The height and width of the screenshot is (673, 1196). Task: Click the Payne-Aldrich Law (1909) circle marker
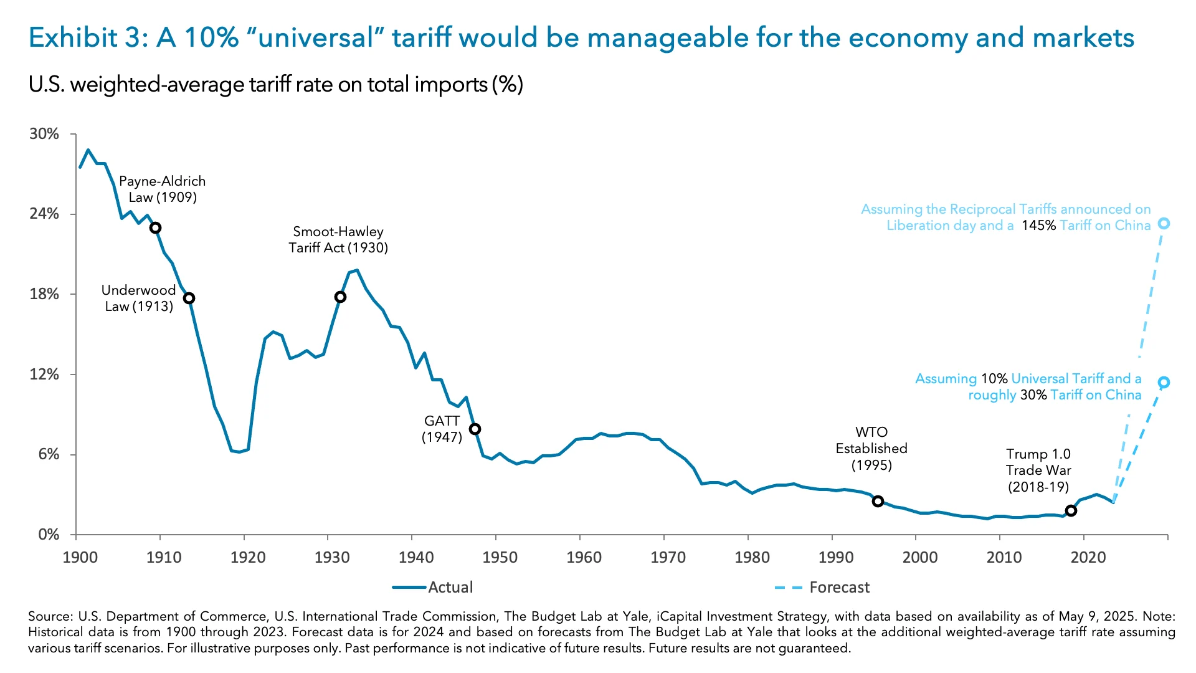tap(156, 228)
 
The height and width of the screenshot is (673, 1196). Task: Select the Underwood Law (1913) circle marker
tap(189, 298)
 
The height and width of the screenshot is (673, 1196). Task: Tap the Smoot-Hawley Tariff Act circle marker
tap(340, 297)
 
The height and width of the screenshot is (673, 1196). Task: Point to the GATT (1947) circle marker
tap(475, 429)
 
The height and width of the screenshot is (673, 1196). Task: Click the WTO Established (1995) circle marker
tap(878, 502)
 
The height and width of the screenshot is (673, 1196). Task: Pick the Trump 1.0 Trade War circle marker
tap(1071, 511)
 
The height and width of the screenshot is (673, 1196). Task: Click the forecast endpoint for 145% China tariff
tap(1164, 224)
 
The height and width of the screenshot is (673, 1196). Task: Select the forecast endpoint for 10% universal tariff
tap(1164, 383)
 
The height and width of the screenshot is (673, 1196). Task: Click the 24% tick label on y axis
tap(44, 214)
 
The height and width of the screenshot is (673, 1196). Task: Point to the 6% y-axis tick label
tap(48, 454)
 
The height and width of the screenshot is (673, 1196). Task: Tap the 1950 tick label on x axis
tap(500, 557)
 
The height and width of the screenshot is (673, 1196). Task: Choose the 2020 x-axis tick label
tap(1088, 557)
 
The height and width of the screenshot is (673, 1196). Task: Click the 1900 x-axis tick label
tap(80, 557)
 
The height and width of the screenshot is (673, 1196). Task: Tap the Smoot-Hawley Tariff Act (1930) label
tap(338, 240)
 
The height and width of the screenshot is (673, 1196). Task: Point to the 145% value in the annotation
tap(1038, 226)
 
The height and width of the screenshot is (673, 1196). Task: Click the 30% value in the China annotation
tap(1033, 395)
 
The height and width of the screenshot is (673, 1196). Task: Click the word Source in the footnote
tap(50, 617)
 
